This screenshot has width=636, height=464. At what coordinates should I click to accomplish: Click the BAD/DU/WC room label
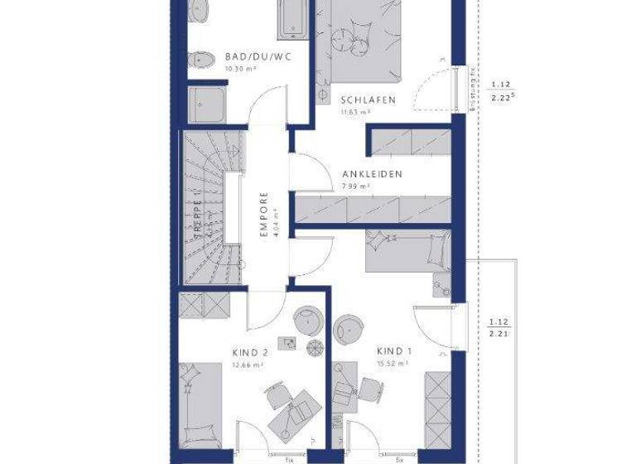click(x=253, y=57)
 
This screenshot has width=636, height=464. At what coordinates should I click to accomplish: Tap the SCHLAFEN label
click(x=368, y=100)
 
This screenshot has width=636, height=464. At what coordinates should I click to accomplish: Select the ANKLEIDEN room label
click(x=373, y=175)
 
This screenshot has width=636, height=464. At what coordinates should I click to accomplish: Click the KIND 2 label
click(x=249, y=351)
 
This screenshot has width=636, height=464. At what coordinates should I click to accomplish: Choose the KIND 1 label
click(x=393, y=350)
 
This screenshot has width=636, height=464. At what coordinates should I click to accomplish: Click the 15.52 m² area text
click(x=393, y=363)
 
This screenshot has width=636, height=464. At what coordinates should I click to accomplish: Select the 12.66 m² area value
click(x=248, y=364)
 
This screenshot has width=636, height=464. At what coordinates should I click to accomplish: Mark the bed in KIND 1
click(x=407, y=250)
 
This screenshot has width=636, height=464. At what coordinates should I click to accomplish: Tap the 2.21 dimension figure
click(x=499, y=335)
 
